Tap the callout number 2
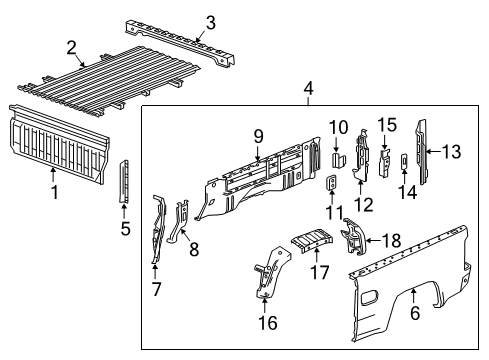pos(72,48)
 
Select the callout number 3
pos(209,22)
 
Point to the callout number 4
pos(309,91)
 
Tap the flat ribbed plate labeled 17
pos(312,243)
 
